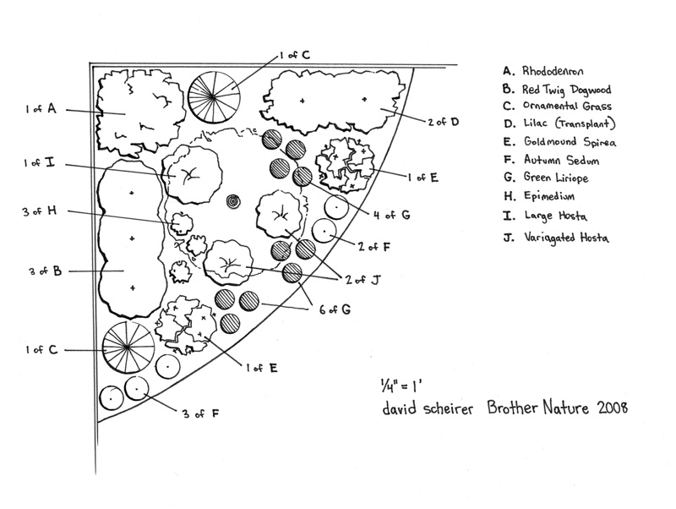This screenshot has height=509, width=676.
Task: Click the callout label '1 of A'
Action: pyautogui.click(x=40, y=109)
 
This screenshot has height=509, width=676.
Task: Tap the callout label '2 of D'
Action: pyautogui.click(x=442, y=122)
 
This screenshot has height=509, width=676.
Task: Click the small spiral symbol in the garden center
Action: pyautogui.click(x=232, y=201)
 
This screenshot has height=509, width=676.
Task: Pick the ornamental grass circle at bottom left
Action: pyautogui.click(x=128, y=348)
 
